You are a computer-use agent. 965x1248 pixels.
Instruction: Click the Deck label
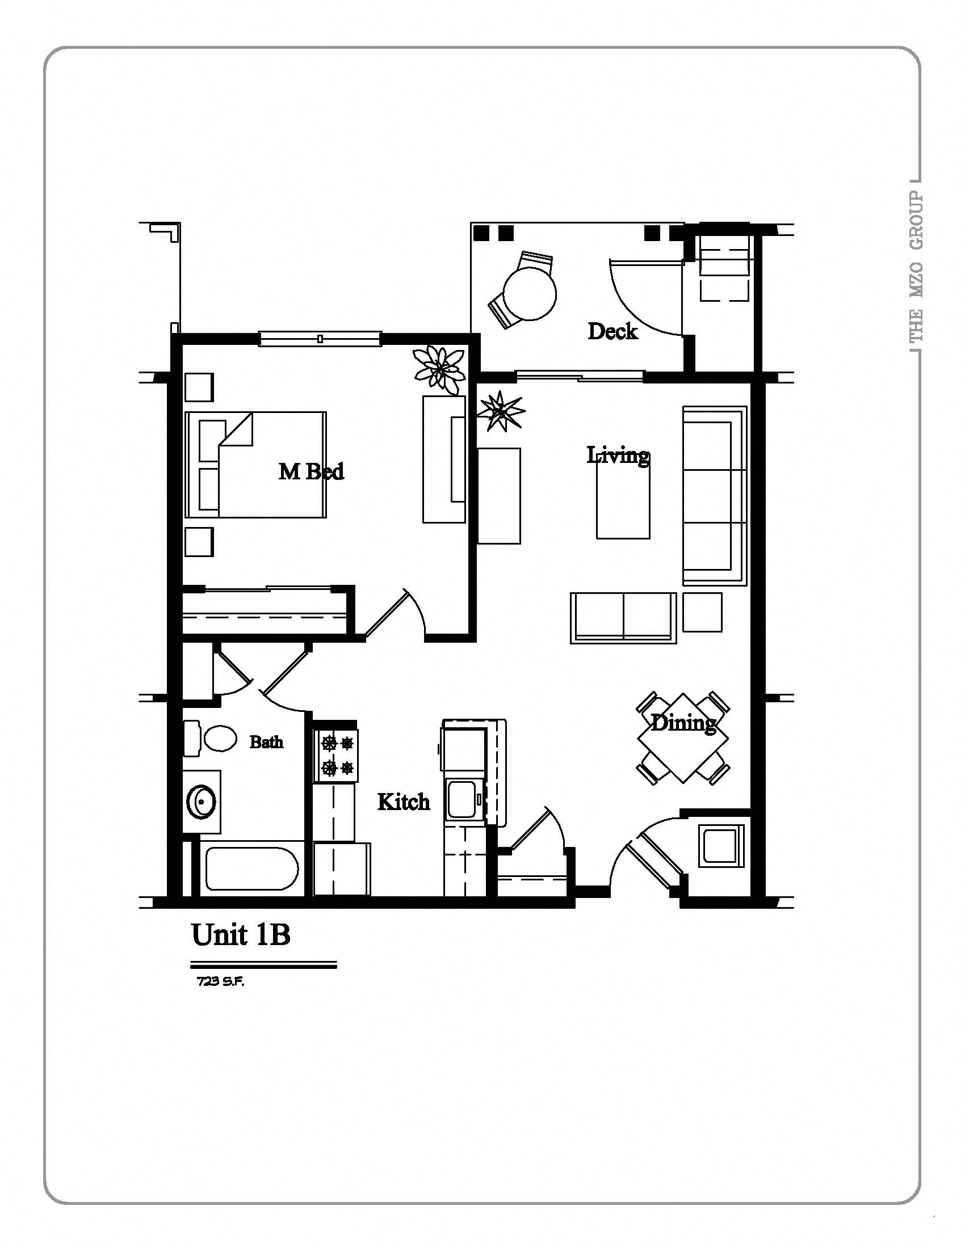[x=612, y=331]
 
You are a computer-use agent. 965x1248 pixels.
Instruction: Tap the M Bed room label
[x=311, y=471]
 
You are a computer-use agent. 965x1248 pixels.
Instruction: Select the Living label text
[x=618, y=456]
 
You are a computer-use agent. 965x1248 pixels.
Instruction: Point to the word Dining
[x=684, y=723]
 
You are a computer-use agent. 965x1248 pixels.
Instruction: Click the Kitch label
[x=404, y=802]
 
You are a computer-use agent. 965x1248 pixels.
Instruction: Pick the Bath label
[x=266, y=742]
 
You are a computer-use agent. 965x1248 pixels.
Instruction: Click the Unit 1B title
[x=241, y=935]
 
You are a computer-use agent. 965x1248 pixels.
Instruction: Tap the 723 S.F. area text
[x=220, y=982]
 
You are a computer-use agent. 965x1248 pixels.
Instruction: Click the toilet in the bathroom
[x=220, y=739]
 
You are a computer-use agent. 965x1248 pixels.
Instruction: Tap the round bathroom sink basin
[x=202, y=802]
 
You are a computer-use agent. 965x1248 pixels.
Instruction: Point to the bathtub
[x=251, y=868]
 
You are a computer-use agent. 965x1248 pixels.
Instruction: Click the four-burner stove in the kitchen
[x=336, y=756]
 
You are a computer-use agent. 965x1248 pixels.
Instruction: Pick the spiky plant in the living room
[x=501, y=410]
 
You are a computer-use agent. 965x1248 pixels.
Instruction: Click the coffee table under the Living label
[x=623, y=499]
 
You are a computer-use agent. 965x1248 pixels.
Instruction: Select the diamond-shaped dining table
[x=683, y=737]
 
